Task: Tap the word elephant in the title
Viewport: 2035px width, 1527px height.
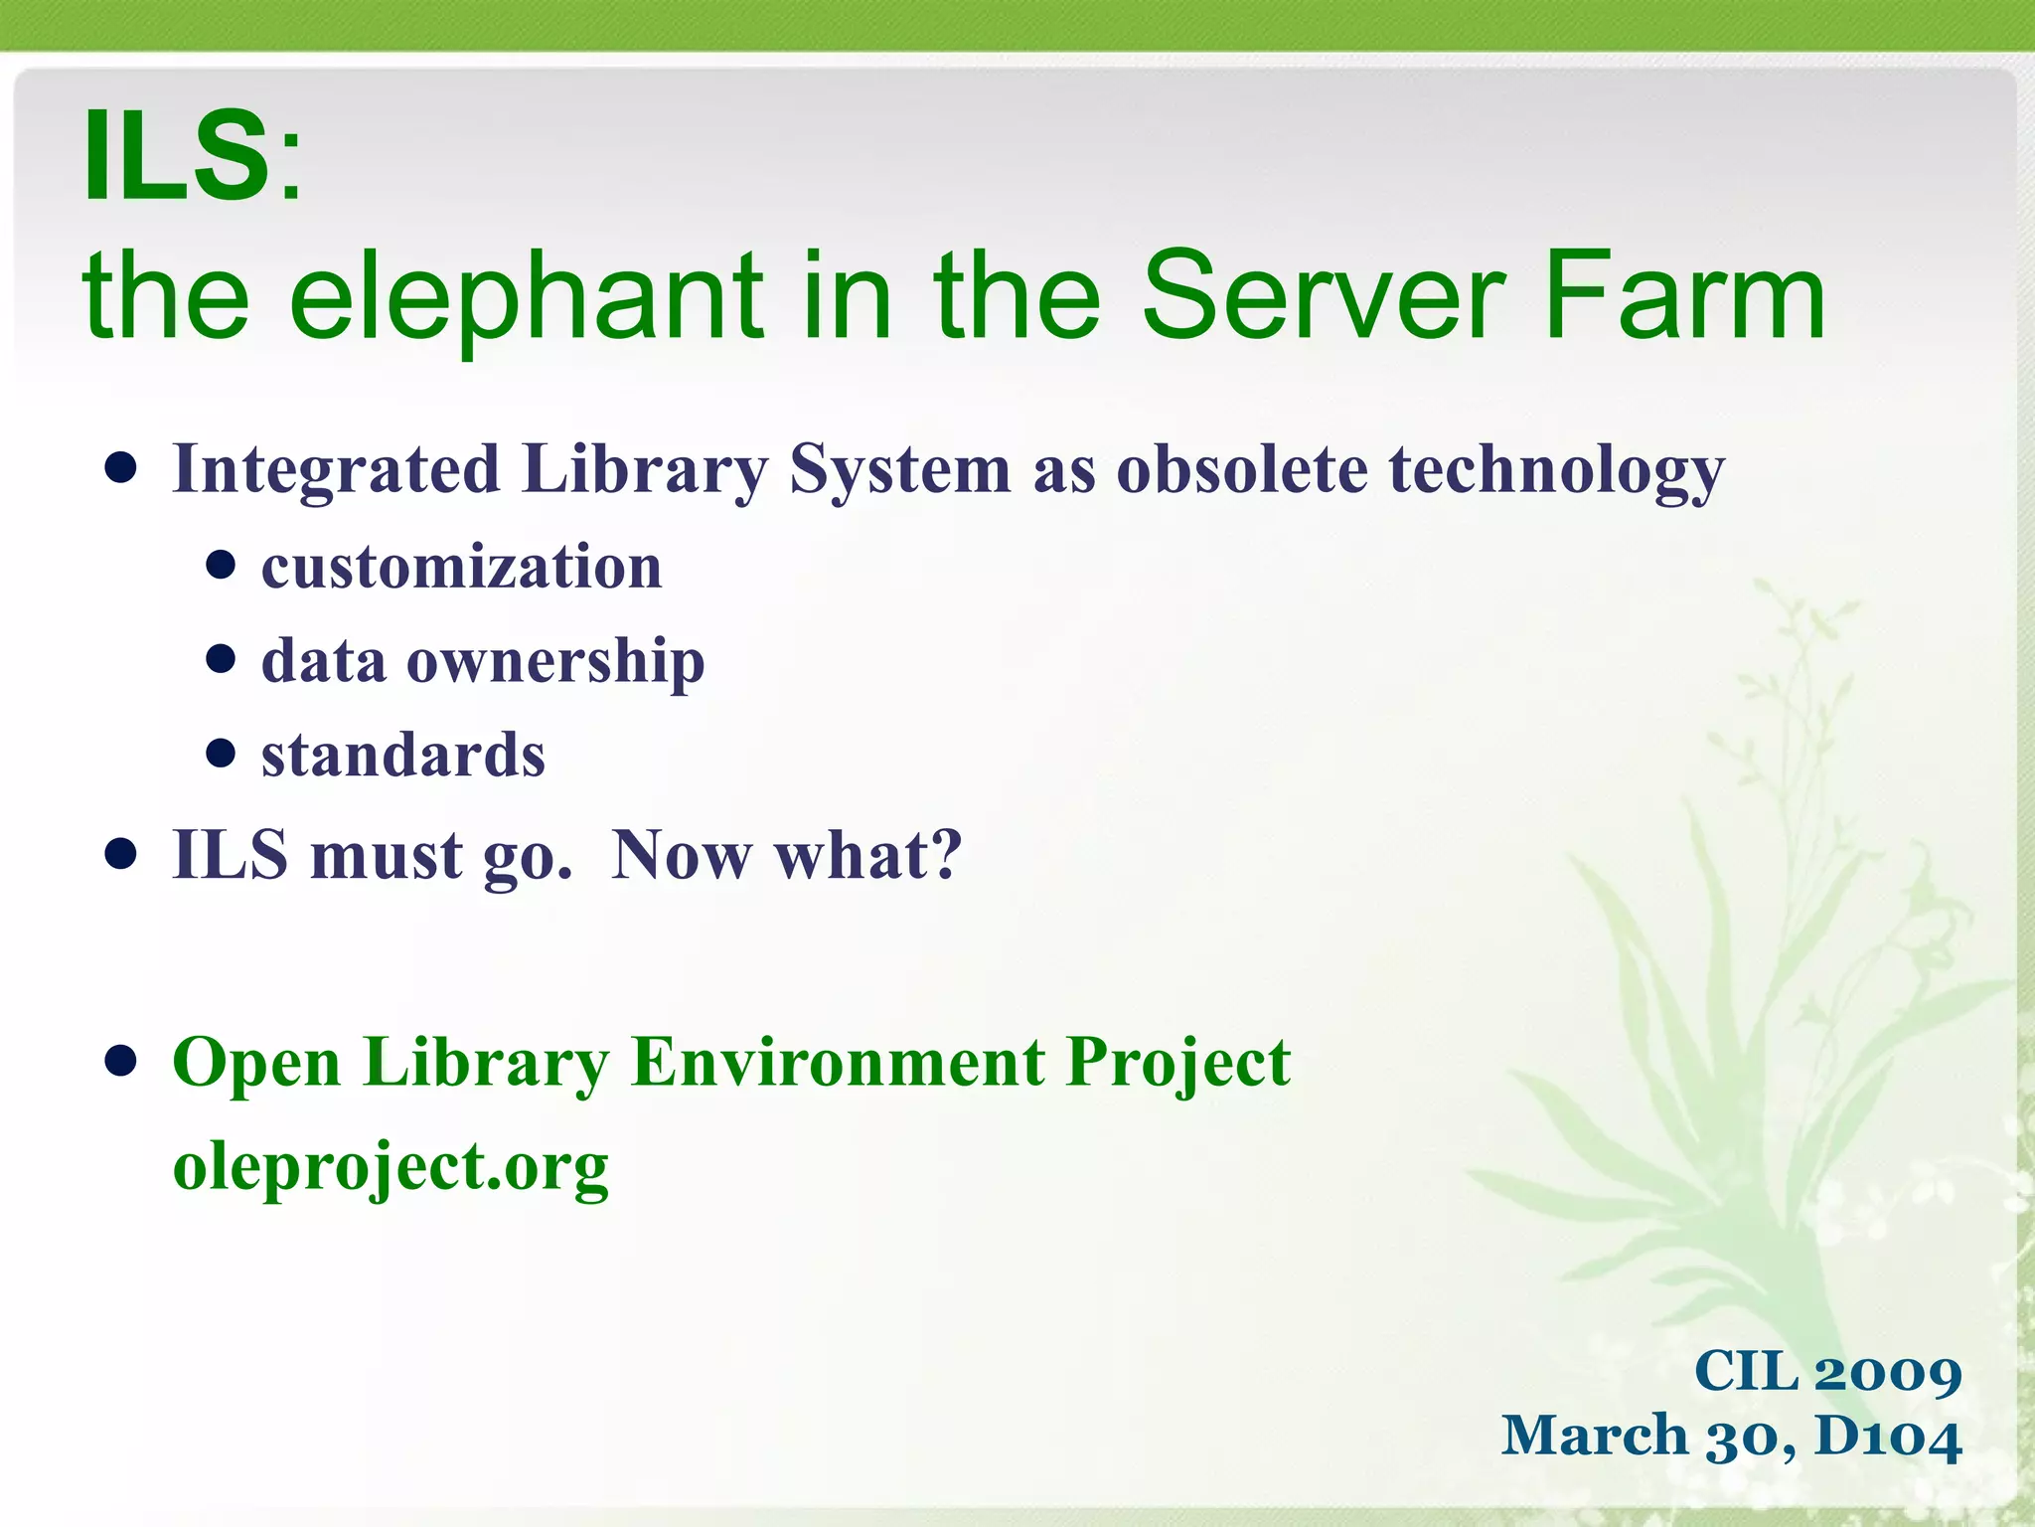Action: pyautogui.click(x=525, y=295)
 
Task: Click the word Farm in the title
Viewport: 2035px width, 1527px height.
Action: pyautogui.click(x=1684, y=295)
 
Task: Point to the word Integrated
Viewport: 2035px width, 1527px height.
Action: pyautogui.click(x=336, y=469)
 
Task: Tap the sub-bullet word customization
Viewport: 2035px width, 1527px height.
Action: pyautogui.click(x=461, y=568)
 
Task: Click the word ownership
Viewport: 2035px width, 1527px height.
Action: pyautogui.click(x=555, y=662)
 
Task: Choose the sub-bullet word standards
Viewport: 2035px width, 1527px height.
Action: pyautogui.click(x=403, y=756)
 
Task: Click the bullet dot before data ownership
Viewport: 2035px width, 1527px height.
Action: pyautogui.click(x=221, y=659)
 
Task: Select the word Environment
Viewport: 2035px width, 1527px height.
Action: pyautogui.click(x=838, y=1062)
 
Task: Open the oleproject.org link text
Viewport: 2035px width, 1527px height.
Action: pyautogui.click(x=391, y=1166)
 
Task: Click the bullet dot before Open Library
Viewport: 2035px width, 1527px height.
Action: pyautogui.click(x=120, y=1061)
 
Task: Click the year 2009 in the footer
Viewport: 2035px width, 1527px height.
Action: pyautogui.click(x=1887, y=1373)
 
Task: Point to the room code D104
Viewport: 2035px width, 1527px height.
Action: pyautogui.click(x=1888, y=1438)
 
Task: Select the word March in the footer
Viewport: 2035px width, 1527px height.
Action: pyautogui.click(x=1594, y=1437)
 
